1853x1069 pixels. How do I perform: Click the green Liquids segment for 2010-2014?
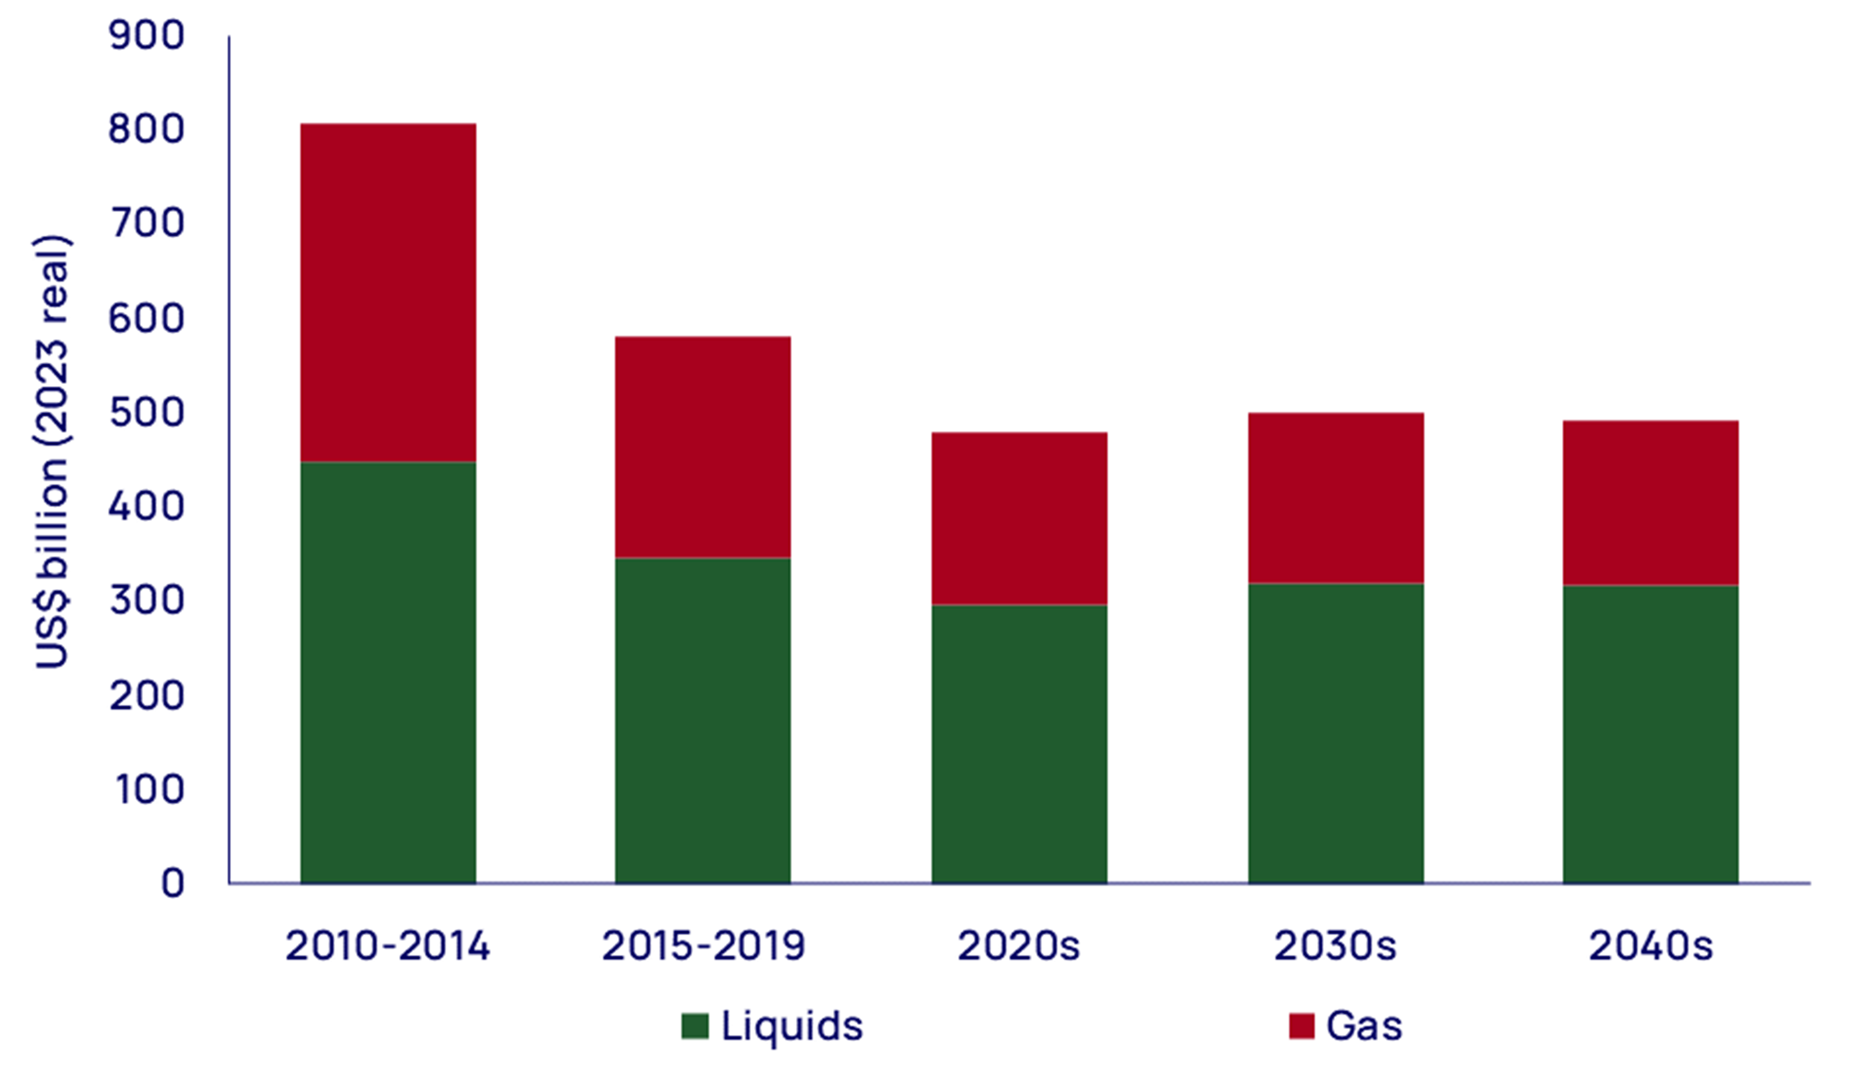point(388,672)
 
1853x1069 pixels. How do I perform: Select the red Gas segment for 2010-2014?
point(388,292)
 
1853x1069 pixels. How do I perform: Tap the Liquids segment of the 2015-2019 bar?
point(702,720)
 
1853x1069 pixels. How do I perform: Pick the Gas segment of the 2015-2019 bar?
point(702,447)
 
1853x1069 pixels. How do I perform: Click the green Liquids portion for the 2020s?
point(1019,743)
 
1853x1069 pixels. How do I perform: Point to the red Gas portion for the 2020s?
point(1019,518)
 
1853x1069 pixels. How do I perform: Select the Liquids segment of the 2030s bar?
point(1336,733)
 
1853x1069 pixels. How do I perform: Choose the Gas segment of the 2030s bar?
point(1336,498)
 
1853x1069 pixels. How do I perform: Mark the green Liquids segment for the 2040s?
point(1650,734)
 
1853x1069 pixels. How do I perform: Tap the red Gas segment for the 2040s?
point(1650,503)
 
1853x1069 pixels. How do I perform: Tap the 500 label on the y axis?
point(146,413)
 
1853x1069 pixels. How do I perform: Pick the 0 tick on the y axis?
point(172,883)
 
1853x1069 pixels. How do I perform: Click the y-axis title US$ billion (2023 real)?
point(51,452)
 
